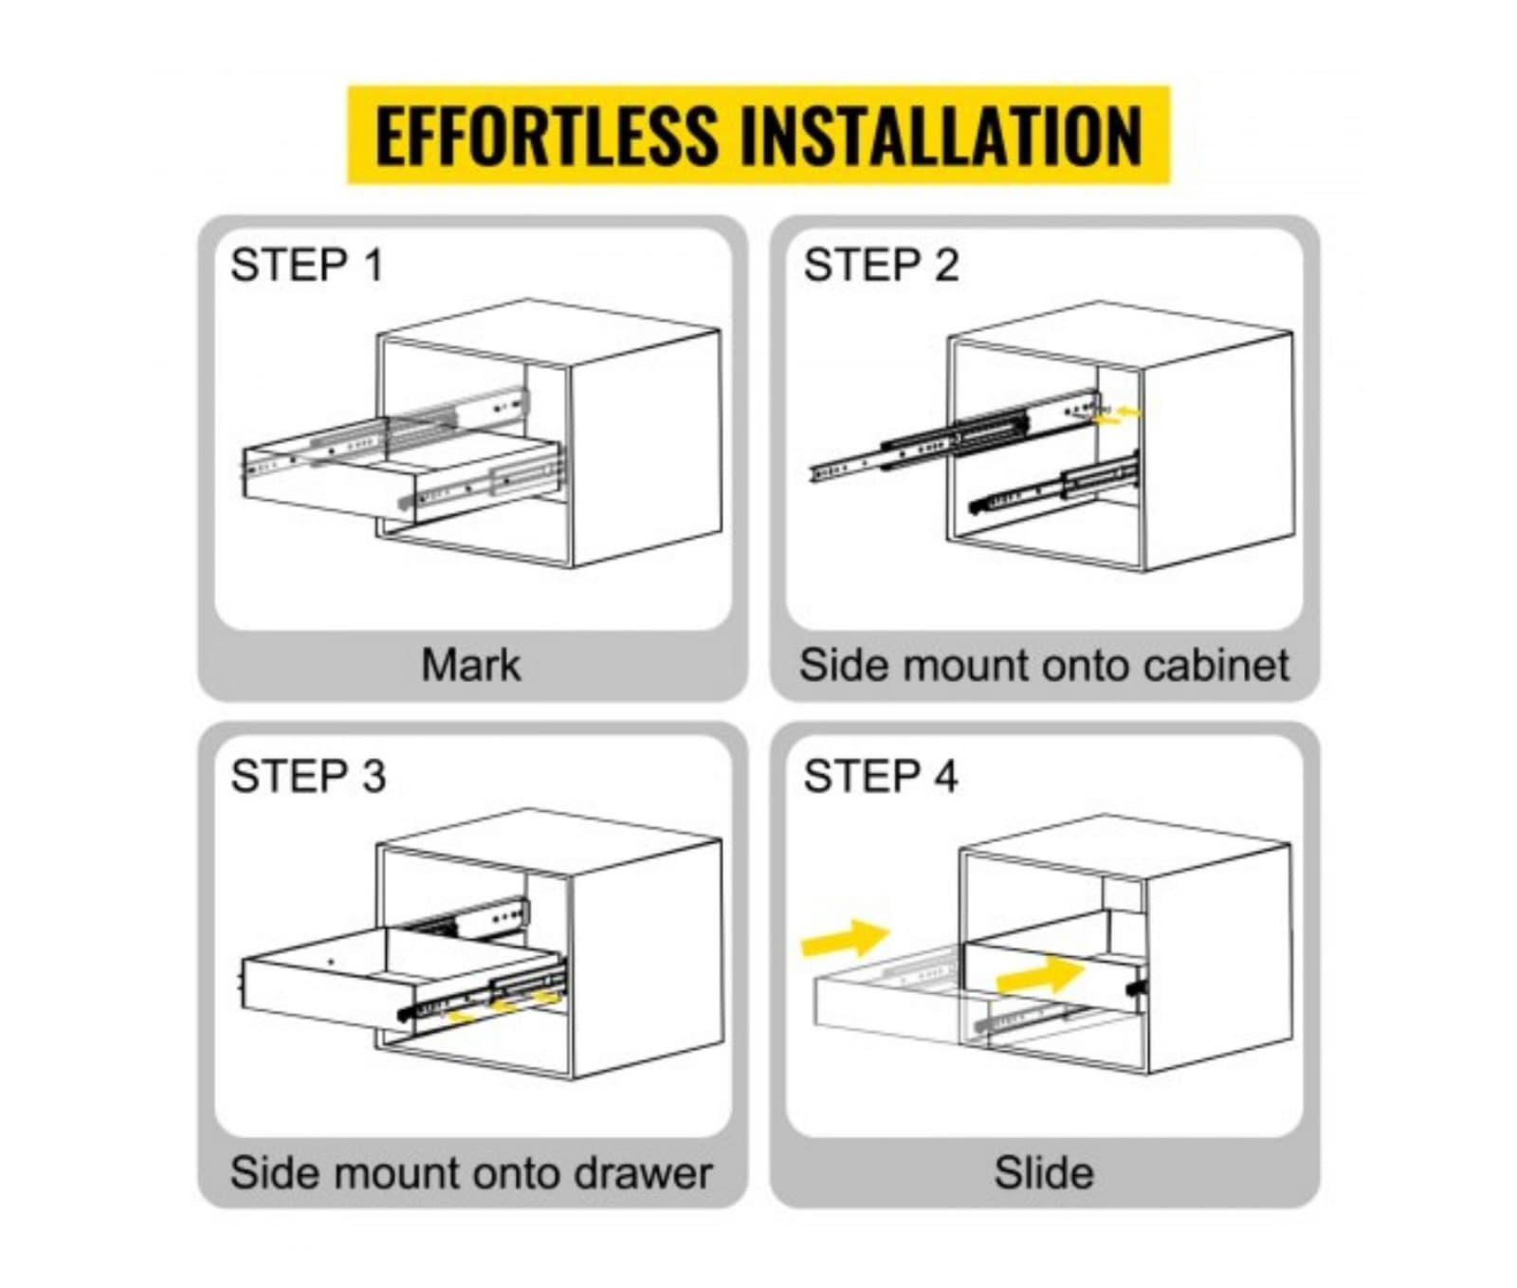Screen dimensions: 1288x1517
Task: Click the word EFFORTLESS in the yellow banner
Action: coord(546,136)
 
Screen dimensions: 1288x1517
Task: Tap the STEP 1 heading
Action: coord(306,265)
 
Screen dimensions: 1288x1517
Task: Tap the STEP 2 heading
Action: coord(880,265)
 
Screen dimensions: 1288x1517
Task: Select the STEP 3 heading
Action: coord(308,776)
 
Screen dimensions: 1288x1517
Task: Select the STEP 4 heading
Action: coord(880,776)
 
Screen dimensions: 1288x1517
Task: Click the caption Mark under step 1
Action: coord(470,665)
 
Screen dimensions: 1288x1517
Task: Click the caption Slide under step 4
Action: coord(1043,1173)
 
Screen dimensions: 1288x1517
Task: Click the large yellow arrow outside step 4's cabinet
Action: coord(846,939)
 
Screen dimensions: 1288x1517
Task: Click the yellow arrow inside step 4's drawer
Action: coord(1040,975)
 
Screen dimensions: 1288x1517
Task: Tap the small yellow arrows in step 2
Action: coord(1119,414)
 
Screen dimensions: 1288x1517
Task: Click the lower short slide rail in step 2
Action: coord(1052,486)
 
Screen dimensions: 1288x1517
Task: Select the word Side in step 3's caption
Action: coord(274,1173)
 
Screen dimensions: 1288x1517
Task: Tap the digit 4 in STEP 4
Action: coord(945,776)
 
